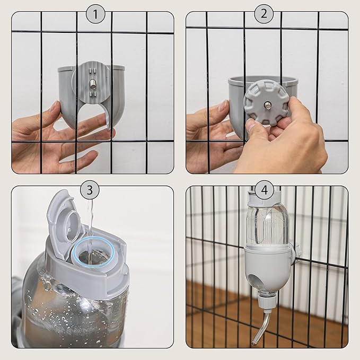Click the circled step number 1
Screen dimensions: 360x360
(95, 14)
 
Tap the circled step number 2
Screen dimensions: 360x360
(264, 14)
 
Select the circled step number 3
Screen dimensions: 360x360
(90, 189)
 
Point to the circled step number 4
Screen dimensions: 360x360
(264, 189)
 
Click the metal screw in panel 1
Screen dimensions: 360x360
(93, 83)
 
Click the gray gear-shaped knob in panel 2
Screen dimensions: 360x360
(266, 103)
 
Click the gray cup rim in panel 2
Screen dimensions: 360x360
(262, 80)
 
